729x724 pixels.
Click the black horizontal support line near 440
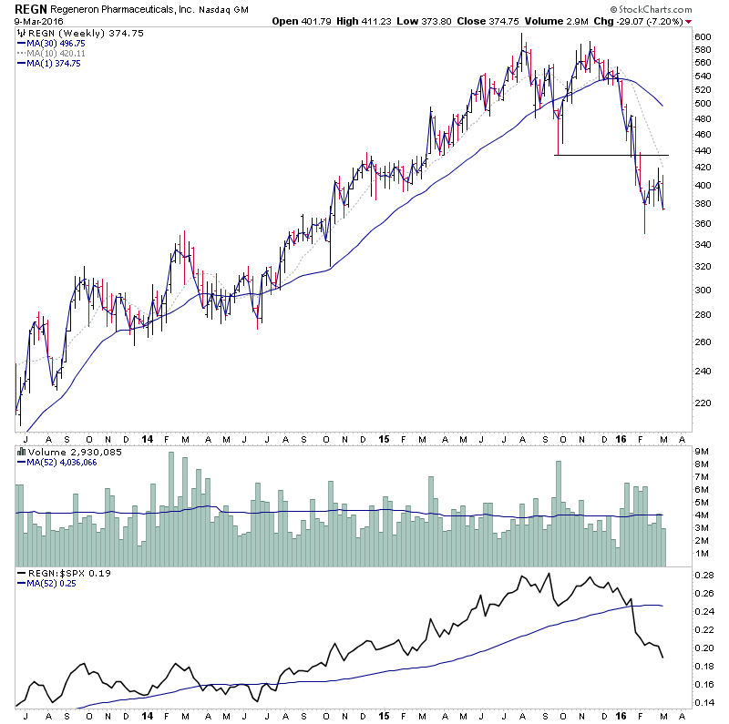(x=611, y=155)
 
